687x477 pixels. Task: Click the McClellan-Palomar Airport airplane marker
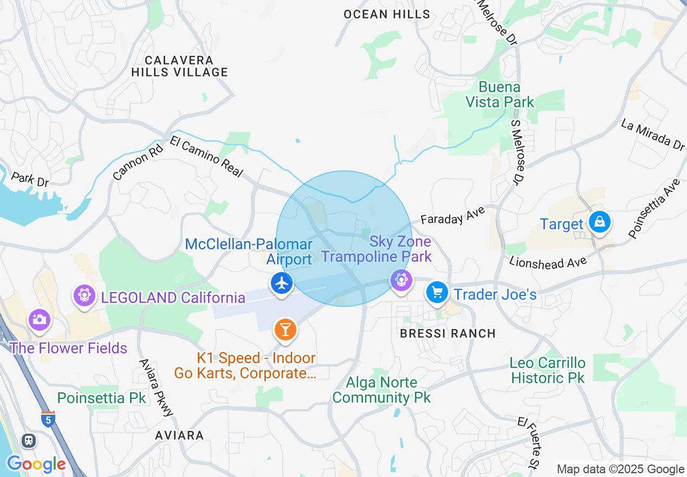[281, 283]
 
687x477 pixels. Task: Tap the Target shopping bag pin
[600, 222]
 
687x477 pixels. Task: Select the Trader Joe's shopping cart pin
[437, 293]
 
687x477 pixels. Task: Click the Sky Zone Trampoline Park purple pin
[401, 280]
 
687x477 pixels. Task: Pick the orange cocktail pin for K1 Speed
[286, 329]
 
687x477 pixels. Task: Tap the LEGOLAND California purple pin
[85, 295]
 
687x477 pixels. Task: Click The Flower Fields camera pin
[39, 319]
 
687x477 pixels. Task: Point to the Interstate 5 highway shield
[48, 419]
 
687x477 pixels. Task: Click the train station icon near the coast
[29, 441]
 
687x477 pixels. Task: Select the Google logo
[36, 464]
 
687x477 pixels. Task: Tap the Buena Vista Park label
[500, 94]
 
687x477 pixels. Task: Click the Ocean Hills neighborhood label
[387, 15]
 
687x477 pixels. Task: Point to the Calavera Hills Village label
[179, 66]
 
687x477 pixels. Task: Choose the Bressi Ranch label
[448, 333]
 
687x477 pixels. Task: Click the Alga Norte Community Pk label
[381, 390]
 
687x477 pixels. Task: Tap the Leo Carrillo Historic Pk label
[548, 370]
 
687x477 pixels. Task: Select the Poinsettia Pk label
[101, 398]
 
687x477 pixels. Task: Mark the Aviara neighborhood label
[179, 435]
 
